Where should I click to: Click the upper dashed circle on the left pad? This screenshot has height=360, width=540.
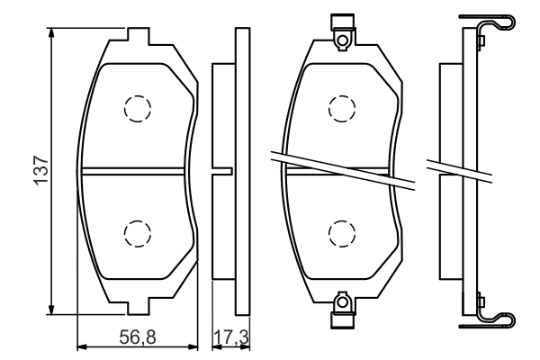click(x=136, y=109)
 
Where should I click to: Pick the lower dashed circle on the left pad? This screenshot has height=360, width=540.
click(x=136, y=233)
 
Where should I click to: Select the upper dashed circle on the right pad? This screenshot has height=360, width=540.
click(x=342, y=108)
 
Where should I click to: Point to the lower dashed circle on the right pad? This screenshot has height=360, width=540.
click(x=342, y=233)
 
